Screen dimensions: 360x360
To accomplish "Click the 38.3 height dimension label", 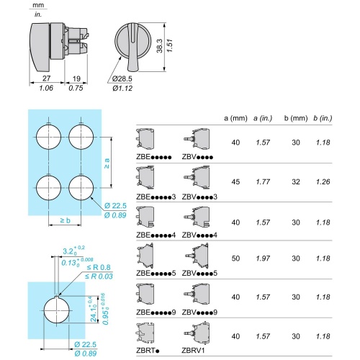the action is pyautogui.click(x=159, y=45).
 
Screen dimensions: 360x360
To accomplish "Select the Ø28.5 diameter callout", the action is pyautogui.click(x=122, y=78).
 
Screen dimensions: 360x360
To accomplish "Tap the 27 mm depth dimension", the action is pyautogui.click(x=47, y=78).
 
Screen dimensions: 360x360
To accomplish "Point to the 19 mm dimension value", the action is pyautogui.click(x=76, y=78).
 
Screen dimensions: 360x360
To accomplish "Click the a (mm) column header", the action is pyautogui.click(x=235, y=118).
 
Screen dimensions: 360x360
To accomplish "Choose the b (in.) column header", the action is pyautogui.click(x=323, y=118).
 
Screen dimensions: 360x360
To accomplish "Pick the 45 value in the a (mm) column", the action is pyautogui.click(x=235, y=181).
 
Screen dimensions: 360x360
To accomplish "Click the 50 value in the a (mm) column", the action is pyautogui.click(x=235, y=258).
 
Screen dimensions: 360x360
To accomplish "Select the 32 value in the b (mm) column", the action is pyautogui.click(x=296, y=181).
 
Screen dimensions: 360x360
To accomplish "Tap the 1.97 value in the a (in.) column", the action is pyautogui.click(x=263, y=258).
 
